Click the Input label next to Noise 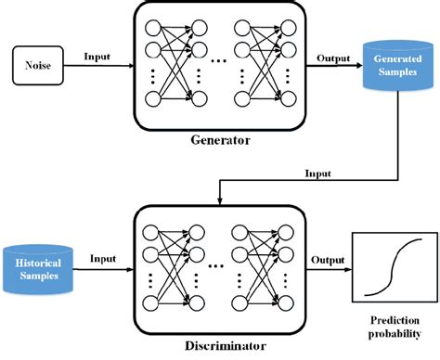(97, 57)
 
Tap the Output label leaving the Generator (331, 58)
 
